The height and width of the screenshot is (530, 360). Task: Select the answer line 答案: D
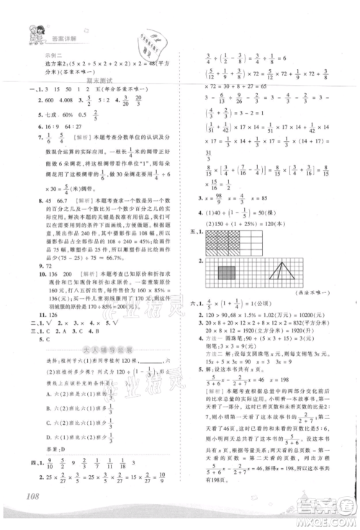[x=63, y=446]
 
